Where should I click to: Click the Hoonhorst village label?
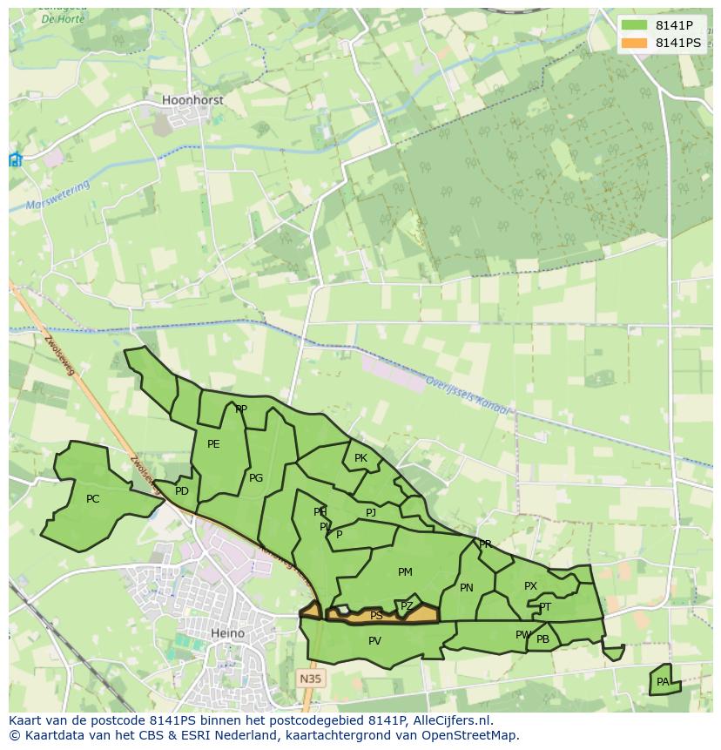pos(192,100)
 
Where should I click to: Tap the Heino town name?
pos(227,633)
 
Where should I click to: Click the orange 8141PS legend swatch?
pos(635,43)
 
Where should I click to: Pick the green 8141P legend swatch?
pos(635,24)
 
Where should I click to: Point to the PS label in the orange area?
pos(376,616)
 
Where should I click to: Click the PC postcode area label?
pos(93,499)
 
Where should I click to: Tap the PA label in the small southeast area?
pos(663,682)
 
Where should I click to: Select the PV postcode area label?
pos(374,641)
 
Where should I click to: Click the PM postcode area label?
pos(405,572)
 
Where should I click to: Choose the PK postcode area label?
pos(360,458)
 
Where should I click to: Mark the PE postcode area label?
pos(213,444)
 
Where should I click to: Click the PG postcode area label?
pos(256,478)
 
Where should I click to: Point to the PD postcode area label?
pos(181,491)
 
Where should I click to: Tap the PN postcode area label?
pos(466,588)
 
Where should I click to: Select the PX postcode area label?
pos(530,586)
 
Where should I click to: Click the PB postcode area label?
pos(542,639)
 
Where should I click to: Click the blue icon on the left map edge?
pos(15,159)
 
